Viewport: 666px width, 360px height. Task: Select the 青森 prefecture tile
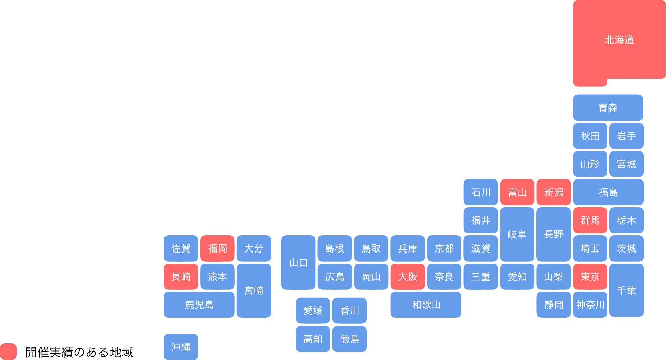[x=608, y=107]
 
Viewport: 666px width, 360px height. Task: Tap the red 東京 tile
[x=590, y=277]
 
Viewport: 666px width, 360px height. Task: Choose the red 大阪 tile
[x=408, y=277]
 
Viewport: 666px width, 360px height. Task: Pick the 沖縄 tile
[x=181, y=347]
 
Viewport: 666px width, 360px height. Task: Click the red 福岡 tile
[x=217, y=248]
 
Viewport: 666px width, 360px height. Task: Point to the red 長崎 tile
[x=181, y=277]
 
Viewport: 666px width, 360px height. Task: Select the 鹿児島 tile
[x=199, y=305]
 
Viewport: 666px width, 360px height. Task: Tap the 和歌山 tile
[x=426, y=305]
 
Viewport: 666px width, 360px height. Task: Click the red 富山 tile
[x=517, y=192]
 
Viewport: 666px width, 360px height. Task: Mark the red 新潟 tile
[x=553, y=192]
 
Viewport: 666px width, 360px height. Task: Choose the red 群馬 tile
[x=590, y=220]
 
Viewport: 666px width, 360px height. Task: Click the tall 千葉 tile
[x=626, y=290]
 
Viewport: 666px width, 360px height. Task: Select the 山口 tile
[x=298, y=263]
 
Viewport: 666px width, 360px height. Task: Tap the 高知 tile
[x=313, y=339]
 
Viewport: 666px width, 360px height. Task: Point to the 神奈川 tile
[x=590, y=305]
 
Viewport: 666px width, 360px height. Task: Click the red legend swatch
[x=8, y=352]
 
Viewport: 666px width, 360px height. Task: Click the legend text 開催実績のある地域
[x=79, y=352]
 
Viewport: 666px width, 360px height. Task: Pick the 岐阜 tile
[x=517, y=234]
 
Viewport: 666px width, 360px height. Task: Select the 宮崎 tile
[x=254, y=291]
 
